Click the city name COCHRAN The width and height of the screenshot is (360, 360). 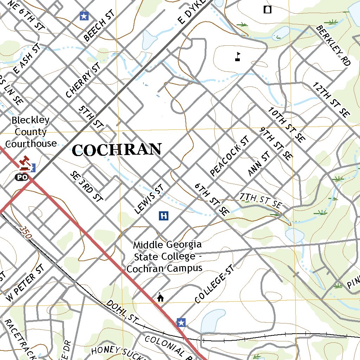[117, 150]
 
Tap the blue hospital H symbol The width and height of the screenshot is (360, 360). [163, 216]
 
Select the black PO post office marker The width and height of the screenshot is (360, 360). [21, 177]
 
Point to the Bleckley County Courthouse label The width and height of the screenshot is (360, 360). [31, 132]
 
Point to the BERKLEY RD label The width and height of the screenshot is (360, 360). [333, 45]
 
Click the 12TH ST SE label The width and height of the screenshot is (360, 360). [331, 100]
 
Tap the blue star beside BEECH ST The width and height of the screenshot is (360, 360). [84, 16]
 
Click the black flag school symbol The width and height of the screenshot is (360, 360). [238, 57]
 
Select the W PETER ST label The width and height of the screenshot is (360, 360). [26, 283]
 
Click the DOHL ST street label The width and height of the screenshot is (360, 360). [121, 311]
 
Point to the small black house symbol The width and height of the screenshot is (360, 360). [160, 298]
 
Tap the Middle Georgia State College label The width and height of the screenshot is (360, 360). [165, 256]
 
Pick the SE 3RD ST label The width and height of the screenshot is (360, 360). [86, 186]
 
